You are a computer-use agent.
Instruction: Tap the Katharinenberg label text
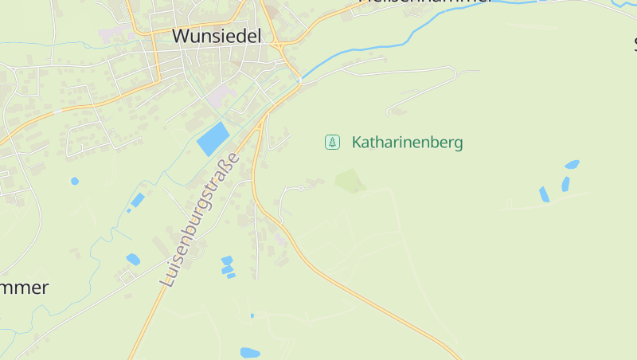point(407,143)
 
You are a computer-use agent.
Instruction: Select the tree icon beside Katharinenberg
point(332,143)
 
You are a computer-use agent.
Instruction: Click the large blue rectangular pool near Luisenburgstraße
point(213,139)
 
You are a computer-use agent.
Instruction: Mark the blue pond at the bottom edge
point(250,352)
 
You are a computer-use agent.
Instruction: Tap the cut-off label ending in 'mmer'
point(24,288)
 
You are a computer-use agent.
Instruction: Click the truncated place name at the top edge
point(425,2)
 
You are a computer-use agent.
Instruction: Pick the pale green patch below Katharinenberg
point(350,181)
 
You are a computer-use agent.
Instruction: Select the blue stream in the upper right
point(446,22)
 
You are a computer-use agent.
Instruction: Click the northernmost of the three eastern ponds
point(572,165)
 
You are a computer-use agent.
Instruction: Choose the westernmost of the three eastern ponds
point(544,194)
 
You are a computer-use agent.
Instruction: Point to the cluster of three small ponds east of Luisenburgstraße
point(228,267)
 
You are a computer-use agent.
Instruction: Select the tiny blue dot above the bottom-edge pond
point(252,315)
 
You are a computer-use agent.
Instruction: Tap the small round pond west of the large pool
point(75,181)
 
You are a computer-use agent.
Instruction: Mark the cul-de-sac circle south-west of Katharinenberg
point(301,189)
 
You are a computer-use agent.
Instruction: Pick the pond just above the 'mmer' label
point(133,259)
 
